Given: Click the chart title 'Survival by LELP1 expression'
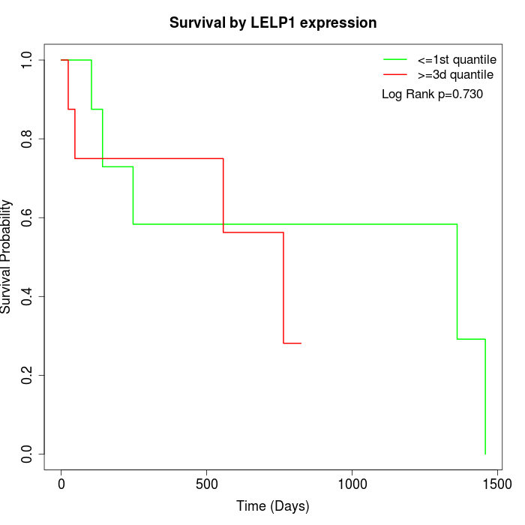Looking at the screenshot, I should pos(273,22).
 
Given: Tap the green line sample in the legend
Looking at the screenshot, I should pos(395,58).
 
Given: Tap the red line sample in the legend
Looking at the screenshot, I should pos(395,75).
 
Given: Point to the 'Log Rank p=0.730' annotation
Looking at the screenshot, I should pos(432,94).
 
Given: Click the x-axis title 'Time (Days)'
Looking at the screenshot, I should pos(273,506).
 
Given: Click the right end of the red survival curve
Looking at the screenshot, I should pos(300,343).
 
